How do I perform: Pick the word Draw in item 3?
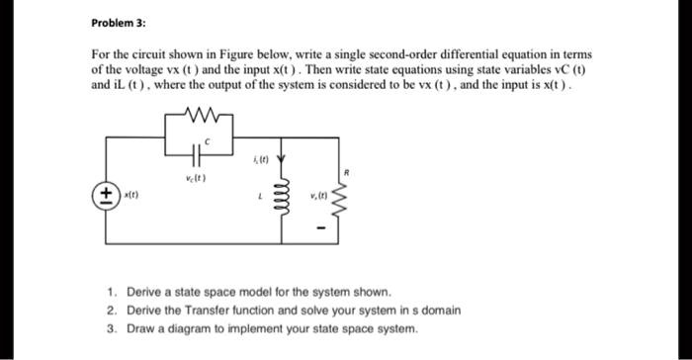[139, 327]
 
